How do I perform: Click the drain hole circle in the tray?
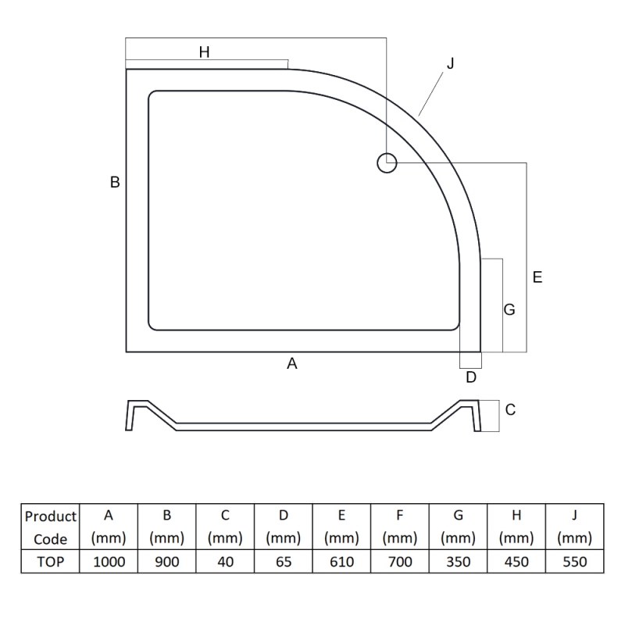coord(378,163)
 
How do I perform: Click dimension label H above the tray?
coord(204,52)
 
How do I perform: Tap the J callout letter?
coord(451,63)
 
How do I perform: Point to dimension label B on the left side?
coord(115,182)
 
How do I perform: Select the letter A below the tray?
coord(292,363)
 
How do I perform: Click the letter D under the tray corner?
coord(471,377)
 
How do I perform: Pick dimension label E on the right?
coord(537,277)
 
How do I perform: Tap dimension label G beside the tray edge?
coord(509,309)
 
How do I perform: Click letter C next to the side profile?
coord(510,409)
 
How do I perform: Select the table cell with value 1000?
coord(109,562)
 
